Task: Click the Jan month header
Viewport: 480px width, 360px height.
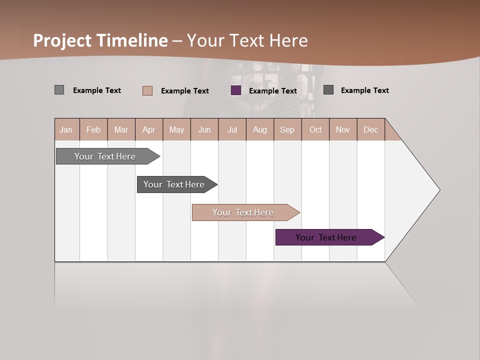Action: [66, 129]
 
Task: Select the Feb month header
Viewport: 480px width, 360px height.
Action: [93, 129]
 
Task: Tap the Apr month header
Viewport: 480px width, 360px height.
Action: [149, 129]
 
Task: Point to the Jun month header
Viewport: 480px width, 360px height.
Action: [204, 129]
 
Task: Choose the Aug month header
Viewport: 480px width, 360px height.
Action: [260, 129]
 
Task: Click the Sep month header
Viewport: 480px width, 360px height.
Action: [287, 129]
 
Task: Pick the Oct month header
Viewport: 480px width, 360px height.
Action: [315, 129]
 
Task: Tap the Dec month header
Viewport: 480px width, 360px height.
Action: [371, 129]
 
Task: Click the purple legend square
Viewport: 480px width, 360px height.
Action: [236, 90]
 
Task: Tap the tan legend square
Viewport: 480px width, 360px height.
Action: [147, 90]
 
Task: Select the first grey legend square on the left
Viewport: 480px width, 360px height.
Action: [59, 90]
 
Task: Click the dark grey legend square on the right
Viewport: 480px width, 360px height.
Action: [328, 90]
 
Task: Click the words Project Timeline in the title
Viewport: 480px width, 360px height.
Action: [100, 40]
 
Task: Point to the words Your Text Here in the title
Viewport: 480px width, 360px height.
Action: [247, 40]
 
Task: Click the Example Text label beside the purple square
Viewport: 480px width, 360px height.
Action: [273, 91]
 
